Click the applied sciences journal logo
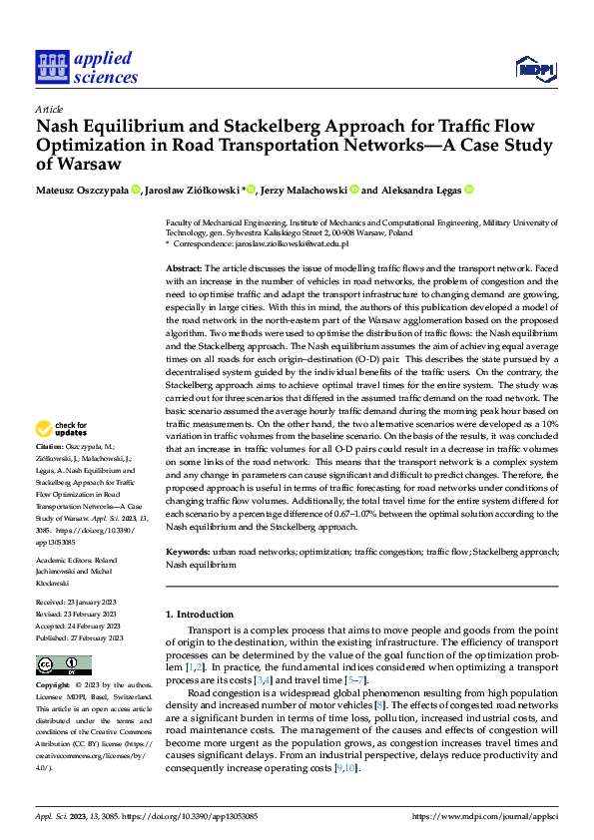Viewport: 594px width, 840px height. tap(87, 67)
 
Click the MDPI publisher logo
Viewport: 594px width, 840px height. tap(535, 68)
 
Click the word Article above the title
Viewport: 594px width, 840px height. tap(49, 109)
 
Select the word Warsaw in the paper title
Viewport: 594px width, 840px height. tap(92, 165)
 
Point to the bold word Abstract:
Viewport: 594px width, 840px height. tap(183, 269)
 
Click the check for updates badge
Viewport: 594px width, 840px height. tap(63, 428)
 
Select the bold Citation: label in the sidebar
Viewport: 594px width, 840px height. tap(50, 445)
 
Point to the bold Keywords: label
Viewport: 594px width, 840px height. tap(187, 551)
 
